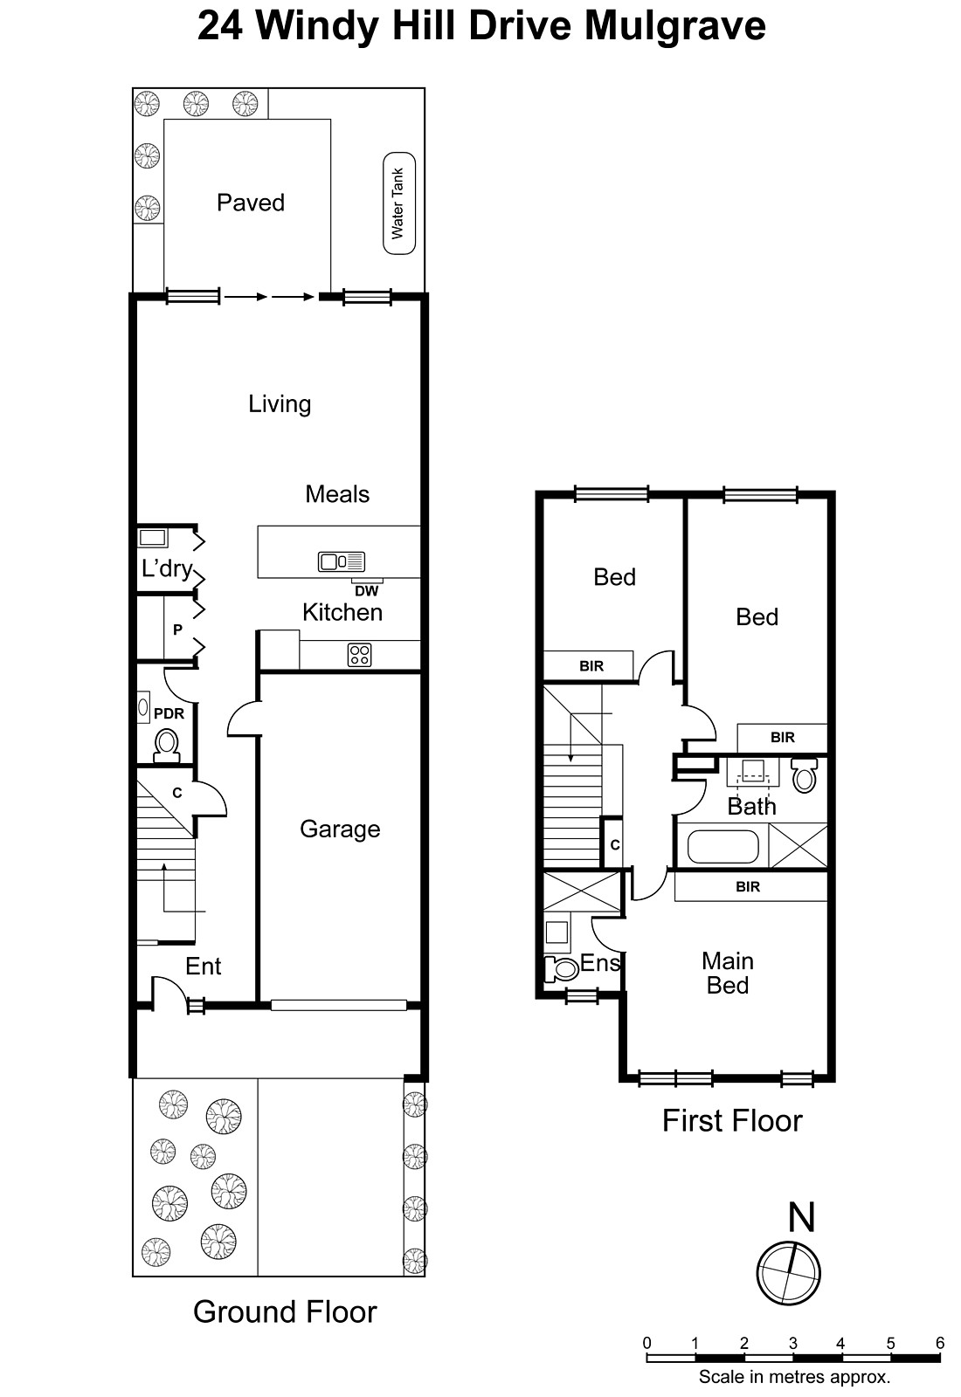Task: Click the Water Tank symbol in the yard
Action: tap(399, 204)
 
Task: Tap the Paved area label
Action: tap(251, 203)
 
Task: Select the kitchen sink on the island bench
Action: tap(342, 561)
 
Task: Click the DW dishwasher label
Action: tap(367, 591)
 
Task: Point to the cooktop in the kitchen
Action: tap(360, 655)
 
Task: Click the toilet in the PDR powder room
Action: tap(167, 746)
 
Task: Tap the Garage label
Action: tap(340, 829)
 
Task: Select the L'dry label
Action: tap(166, 568)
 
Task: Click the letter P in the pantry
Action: tap(177, 630)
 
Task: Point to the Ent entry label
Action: tap(204, 966)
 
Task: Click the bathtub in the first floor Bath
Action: tap(723, 846)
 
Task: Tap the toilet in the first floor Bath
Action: tap(804, 775)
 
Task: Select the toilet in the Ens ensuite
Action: tap(560, 968)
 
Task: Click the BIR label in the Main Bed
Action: tap(748, 886)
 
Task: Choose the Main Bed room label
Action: tap(727, 973)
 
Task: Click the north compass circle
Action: tap(788, 1272)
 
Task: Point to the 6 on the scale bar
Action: tap(940, 1343)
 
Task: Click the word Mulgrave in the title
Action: tap(674, 26)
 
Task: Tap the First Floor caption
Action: tap(731, 1120)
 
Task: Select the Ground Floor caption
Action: tap(285, 1311)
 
